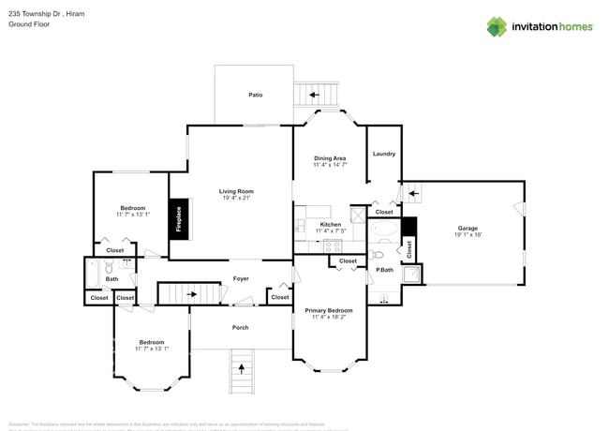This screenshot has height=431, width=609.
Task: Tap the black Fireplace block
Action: [178, 219]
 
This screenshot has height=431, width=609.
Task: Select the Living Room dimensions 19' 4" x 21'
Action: [237, 198]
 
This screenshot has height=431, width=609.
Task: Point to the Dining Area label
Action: [330, 158]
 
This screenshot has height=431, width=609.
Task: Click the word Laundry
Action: [383, 154]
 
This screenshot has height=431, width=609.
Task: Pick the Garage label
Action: [468, 228]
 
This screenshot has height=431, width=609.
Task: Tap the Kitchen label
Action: [331, 224]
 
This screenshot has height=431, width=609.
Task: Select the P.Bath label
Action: [384, 270]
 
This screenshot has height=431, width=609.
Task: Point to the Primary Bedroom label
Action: [330, 310]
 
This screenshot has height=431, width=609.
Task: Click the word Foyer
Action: [241, 278]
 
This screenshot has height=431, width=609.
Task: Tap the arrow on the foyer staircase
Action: [191, 294]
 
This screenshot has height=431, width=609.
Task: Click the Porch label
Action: [241, 327]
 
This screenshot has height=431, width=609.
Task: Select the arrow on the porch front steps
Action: [243, 368]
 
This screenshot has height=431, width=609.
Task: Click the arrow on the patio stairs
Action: [316, 95]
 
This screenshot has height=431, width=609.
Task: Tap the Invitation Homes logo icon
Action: [496, 26]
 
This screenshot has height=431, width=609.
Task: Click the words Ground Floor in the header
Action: [30, 25]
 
